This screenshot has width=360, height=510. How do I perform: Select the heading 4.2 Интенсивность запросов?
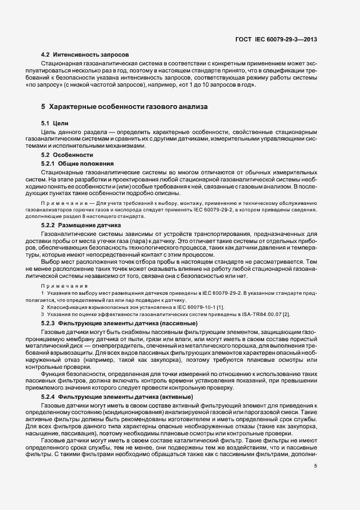[85, 55]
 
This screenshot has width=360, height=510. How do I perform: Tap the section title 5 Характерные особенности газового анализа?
[124, 106]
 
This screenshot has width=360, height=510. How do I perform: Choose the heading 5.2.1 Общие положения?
[77, 163]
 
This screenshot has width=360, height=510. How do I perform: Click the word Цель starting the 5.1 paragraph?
[50, 132]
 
